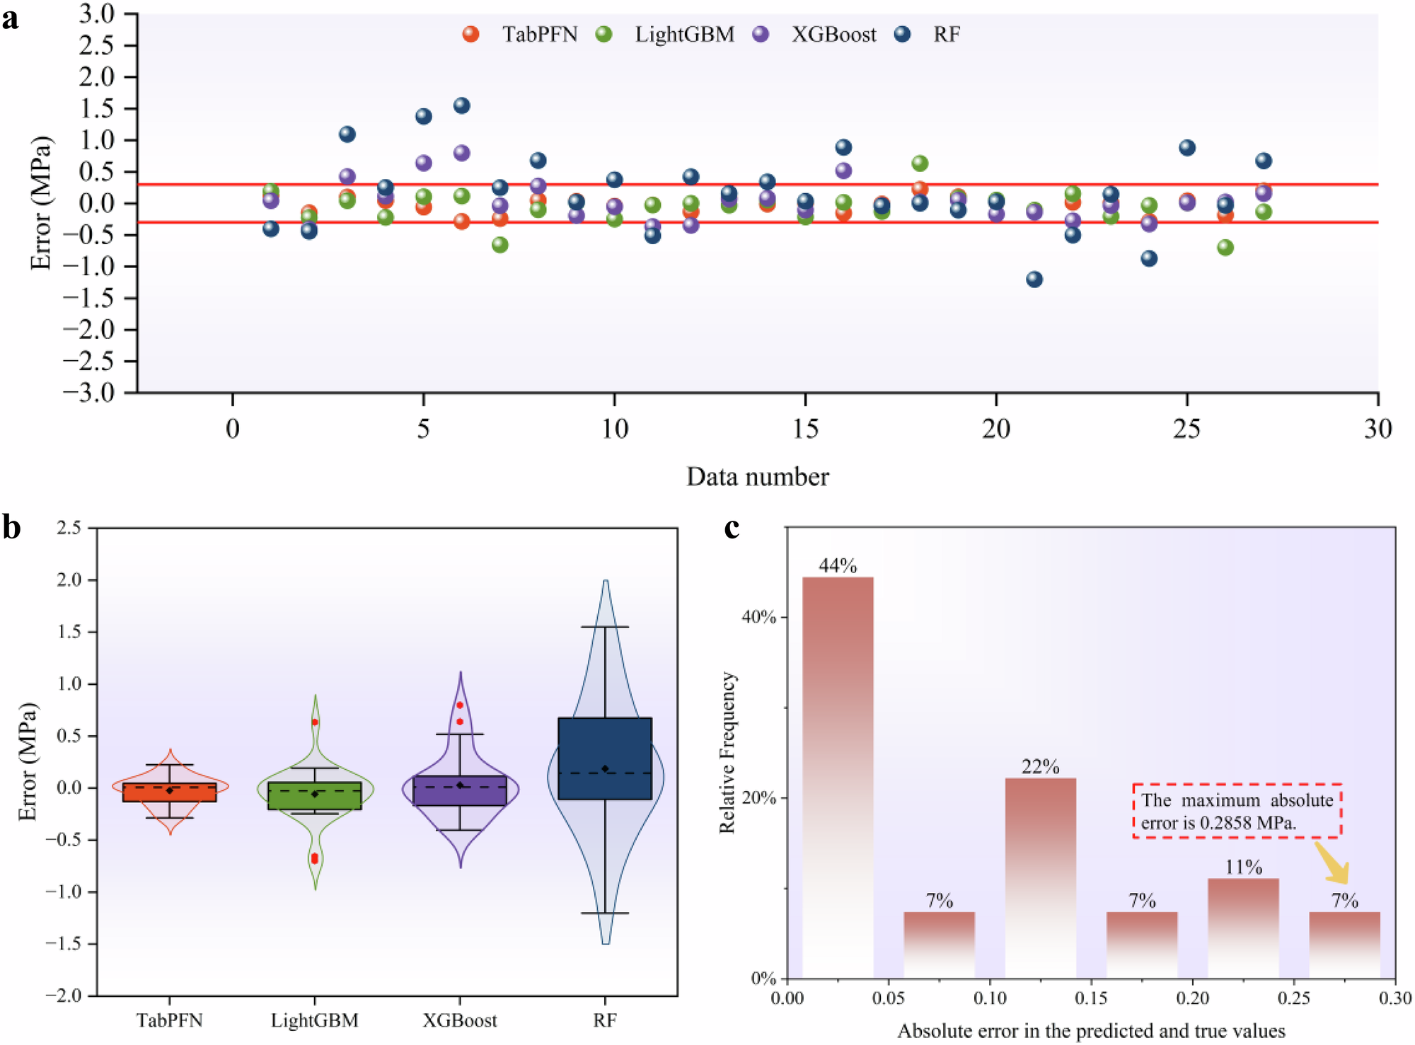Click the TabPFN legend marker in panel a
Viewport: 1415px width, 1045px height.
[470, 34]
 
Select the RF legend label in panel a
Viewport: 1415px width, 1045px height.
[947, 34]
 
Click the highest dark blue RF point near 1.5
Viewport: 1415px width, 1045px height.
[461, 105]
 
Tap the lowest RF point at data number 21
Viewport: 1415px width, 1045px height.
[1034, 279]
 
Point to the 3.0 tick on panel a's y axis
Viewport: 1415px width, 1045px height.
[96, 13]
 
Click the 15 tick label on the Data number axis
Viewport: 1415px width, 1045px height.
[805, 429]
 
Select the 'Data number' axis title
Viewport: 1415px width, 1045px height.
[757, 477]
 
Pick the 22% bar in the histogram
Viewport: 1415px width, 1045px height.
[1040, 877]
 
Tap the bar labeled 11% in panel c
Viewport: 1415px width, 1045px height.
[1243, 928]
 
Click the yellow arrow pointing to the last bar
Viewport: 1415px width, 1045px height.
[1333, 863]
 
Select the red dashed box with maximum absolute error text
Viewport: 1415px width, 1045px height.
[1237, 811]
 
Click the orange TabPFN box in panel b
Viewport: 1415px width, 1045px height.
[170, 792]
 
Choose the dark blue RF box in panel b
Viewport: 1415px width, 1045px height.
[605, 758]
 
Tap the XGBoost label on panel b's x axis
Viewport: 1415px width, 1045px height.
[460, 1020]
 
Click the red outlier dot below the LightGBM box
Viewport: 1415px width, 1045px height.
[315, 859]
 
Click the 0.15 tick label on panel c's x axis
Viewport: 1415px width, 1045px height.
[1090, 998]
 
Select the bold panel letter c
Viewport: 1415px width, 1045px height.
[732, 528]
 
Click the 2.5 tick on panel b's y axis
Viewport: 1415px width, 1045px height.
[69, 528]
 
